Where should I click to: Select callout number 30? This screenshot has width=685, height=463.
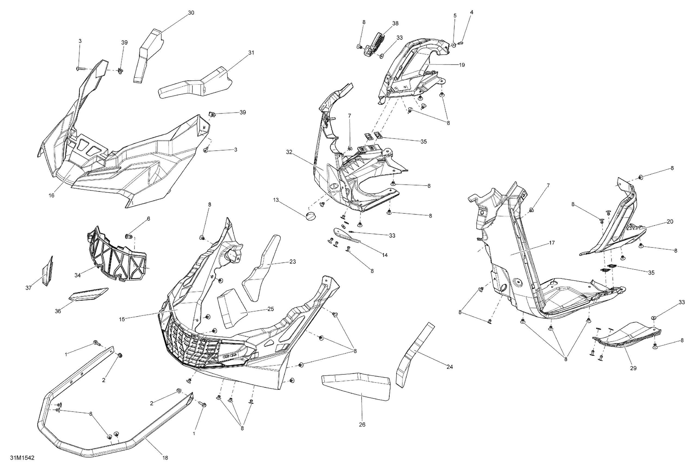point(191,13)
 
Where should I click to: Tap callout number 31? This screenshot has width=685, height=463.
point(251,53)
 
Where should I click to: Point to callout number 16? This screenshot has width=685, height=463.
point(52,195)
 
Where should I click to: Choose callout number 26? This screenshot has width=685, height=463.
point(362,424)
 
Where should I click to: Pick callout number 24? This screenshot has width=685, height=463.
point(449,367)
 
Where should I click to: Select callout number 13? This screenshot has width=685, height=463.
point(276,200)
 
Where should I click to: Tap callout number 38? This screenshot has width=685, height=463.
point(395,23)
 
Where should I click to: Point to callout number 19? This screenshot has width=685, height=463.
point(462,65)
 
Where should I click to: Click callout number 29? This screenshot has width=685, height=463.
point(633,368)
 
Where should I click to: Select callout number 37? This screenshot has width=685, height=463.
point(28,288)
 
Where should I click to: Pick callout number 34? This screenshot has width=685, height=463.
point(78,275)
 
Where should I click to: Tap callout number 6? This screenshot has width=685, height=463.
point(149,219)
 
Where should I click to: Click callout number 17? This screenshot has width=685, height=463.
point(552,243)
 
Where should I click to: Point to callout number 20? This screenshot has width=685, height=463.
point(670,221)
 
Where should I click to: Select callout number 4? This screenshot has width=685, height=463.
point(472,13)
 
